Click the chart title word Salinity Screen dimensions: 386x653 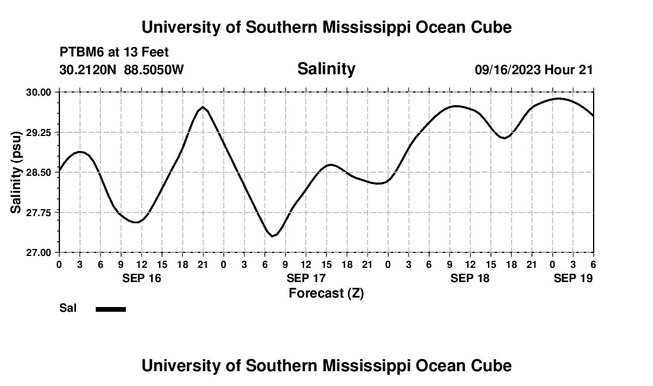(326, 69)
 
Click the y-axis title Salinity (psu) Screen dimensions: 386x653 (16, 172)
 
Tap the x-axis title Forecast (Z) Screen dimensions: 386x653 (326, 293)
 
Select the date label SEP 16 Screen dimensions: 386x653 (142, 278)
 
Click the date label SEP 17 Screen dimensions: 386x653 (306, 278)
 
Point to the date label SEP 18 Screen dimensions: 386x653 (470, 278)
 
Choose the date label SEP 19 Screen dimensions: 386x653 (573, 278)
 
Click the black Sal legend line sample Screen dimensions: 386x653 (111, 309)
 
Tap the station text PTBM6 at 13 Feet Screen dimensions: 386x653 (114, 53)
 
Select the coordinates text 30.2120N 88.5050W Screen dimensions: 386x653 (122, 70)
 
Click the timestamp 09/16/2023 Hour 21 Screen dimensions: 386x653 (534, 70)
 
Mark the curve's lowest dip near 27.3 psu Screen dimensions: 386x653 (272, 236)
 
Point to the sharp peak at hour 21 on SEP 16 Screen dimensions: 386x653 (203, 107)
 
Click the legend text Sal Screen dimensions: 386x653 (68, 308)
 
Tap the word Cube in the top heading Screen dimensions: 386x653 (492, 27)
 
